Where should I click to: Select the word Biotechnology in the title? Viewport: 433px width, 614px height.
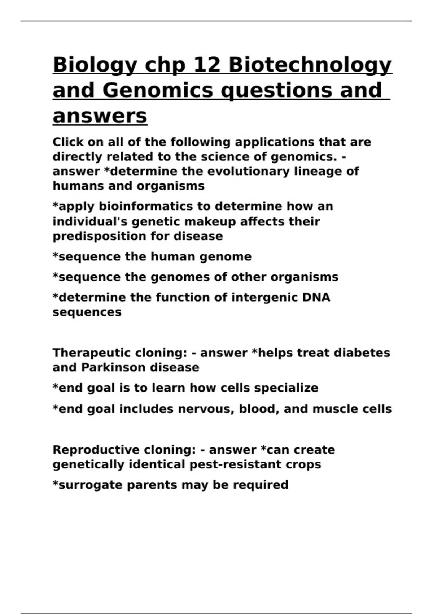pos(310,65)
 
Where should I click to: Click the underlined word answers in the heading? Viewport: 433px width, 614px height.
pos(100,116)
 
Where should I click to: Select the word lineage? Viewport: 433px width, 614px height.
pos(318,171)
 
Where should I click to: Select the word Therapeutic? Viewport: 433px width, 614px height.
pos(88,353)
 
